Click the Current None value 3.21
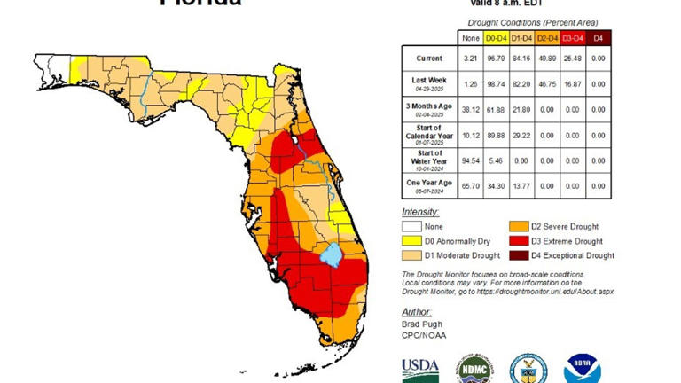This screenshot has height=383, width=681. pos(470,59)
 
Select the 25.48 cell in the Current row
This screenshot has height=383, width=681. pos(573,59)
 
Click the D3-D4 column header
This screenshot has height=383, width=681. pos(573,37)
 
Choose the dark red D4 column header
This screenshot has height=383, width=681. pos(599,37)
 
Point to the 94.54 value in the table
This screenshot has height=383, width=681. pos(470,160)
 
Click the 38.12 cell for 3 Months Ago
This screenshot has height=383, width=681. pos(470,109)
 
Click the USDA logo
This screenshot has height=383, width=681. pos(419,367)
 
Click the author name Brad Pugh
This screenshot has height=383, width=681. pos(421,325)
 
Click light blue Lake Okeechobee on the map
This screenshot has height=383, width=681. pos(332,255)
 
